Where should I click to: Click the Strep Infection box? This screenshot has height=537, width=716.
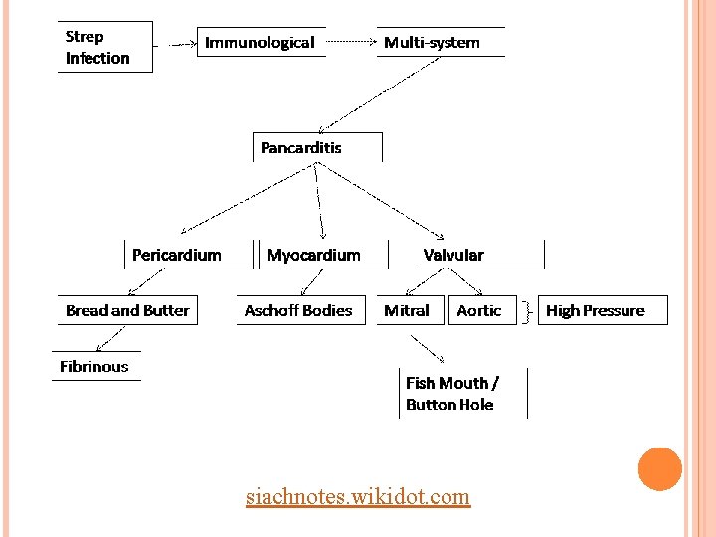(x=103, y=47)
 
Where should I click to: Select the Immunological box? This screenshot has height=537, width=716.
(x=261, y=42)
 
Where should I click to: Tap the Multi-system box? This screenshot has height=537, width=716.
(x=439, y=42)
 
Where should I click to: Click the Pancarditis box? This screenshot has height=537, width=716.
(x=316, y=147)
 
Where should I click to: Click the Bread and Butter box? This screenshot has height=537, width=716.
(x=126, y=310)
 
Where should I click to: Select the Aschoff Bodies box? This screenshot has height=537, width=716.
(x=299, y=310)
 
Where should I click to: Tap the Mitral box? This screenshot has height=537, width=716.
(x=409, y=310)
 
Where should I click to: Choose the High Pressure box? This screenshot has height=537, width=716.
(x=602, y=310)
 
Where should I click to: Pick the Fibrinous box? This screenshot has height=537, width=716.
(x=95, y=366)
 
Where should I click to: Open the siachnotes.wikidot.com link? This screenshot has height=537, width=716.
(x=358, y=495)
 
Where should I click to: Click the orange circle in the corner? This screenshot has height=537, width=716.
(x=659, y=469)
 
